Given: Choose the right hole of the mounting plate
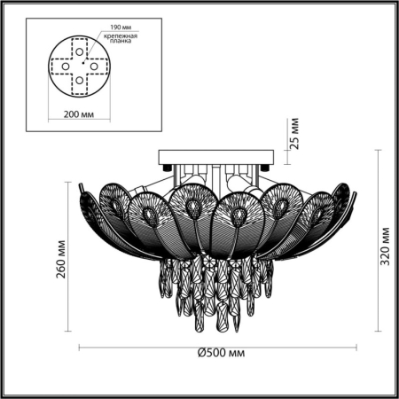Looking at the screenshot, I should pos(93,66).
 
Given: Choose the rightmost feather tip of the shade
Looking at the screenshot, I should pos(348,184).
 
